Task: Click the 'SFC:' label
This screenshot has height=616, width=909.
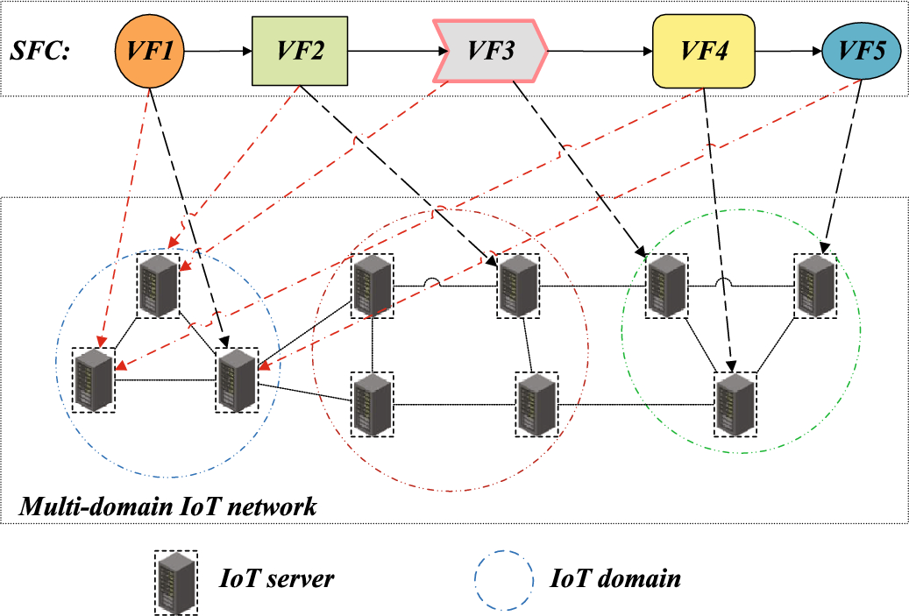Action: [40, 52]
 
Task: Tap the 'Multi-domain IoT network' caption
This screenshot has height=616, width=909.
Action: [167, 506]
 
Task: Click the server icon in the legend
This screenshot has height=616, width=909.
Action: [175, 580]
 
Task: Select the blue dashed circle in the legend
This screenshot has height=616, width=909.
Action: [502, 580]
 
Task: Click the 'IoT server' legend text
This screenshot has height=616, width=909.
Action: [277, 578]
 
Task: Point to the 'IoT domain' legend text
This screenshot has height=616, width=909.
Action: [615, 578]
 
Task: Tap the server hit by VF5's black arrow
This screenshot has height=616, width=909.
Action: [815, 286]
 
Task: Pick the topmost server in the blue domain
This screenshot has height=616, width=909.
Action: [159, 286]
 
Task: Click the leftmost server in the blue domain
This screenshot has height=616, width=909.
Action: [94, 380]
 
